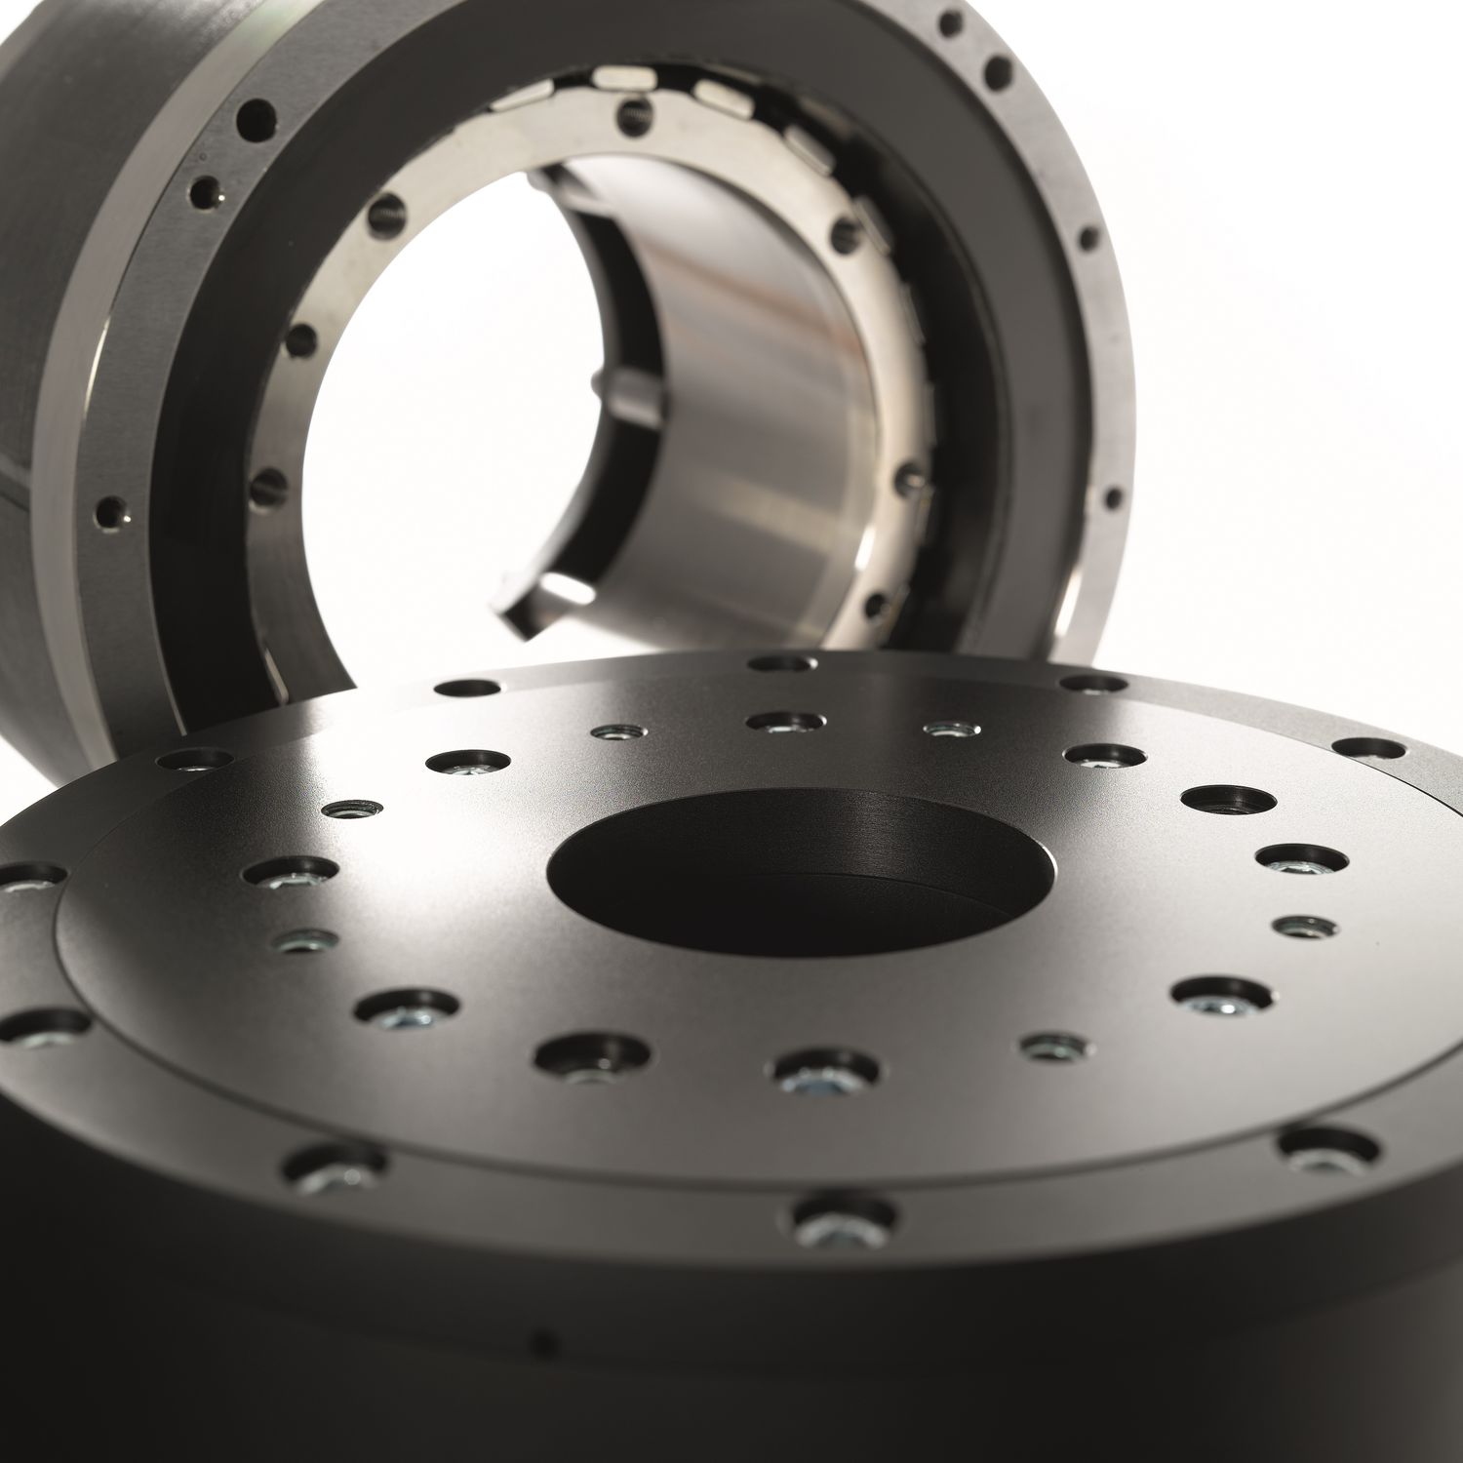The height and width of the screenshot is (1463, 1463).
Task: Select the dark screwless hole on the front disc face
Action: pos(1228,800)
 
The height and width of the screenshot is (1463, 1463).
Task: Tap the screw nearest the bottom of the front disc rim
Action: pos(845,1224)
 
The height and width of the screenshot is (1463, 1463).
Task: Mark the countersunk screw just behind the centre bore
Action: pos(785,721)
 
